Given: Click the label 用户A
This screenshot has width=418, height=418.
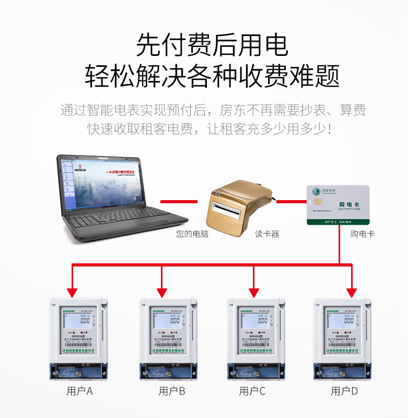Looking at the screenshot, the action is click(x=79, y=391).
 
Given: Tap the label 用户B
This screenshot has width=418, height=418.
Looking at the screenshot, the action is click(x=172, y=391).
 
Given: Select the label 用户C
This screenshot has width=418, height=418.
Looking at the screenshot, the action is click(x=252, y=391).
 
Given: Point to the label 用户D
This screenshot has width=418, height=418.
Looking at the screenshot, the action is click(x=344, y=391).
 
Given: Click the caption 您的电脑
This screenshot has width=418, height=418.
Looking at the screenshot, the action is click(x=192, y=234).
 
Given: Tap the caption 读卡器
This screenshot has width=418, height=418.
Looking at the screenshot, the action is click(x=267, y=234).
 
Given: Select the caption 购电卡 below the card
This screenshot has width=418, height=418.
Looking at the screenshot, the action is click(x=363, y=234).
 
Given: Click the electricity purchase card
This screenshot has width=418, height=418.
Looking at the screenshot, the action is click(x=338, y=205).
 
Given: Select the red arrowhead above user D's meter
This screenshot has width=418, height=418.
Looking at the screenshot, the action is click(x=351, y=291).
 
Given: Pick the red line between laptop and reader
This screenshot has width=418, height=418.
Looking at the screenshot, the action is click(x=179, y=201).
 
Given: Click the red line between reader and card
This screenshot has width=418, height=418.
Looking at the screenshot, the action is click(x=291, y=201).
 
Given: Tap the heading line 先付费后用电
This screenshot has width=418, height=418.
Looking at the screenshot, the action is click(x=212, y=45).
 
